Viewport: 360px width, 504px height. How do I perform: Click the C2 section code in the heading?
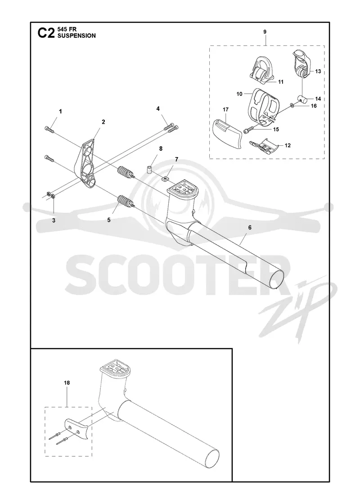(x=46, y=33)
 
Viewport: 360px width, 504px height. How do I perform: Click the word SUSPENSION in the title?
(x=76, y=36)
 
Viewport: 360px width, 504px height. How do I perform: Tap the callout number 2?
(x=103, y=122)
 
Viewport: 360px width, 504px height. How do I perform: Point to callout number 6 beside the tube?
(x=250, y=228)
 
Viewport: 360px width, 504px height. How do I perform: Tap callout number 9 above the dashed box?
(x=265, y=32)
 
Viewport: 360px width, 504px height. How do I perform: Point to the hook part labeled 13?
(x=301, y=63)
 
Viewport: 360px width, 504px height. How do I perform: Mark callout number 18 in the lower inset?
(x=67, y=383)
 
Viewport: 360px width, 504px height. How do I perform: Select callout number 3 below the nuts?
(x=54, y=220)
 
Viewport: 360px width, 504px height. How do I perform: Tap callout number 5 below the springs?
(x=109, y=220)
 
